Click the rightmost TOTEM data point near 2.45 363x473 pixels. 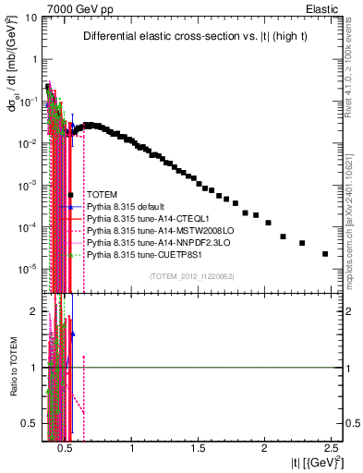[325, 253]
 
